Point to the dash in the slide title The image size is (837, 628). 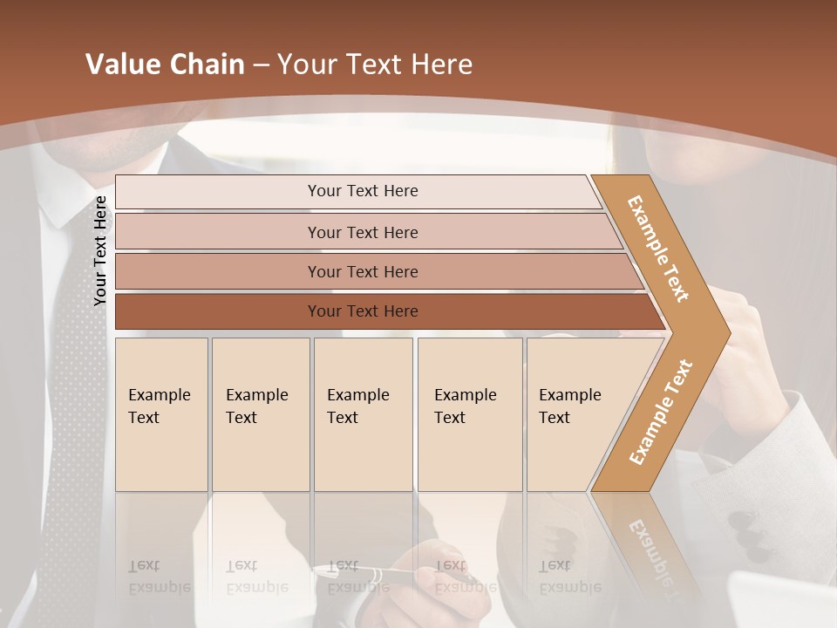[260, 65]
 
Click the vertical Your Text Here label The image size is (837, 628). [100, 250]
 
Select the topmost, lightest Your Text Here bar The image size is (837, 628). [362, 191]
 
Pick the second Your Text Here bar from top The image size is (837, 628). [362, 232]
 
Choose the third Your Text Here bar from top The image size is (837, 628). [362, 271]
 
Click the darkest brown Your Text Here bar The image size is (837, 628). [362, 311]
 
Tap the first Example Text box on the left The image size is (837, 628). [161, 414]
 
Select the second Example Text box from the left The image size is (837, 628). [260, 414]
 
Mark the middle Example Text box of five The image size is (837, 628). [363, 414]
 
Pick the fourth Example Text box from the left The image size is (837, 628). [469, 414]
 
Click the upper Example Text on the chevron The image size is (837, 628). [658, 249]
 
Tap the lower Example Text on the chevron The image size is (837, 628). [661, 412]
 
